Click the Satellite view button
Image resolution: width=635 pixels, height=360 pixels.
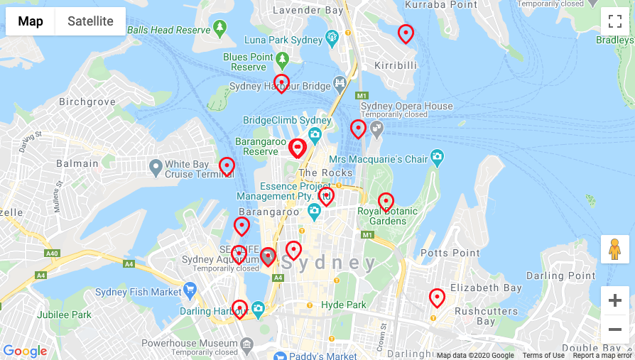[x=90, y=21]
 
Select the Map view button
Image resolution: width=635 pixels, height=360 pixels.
[x=31, y=21]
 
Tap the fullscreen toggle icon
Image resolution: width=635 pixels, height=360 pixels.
[x=614, y=21]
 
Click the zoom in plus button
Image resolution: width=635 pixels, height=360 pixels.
[x=614, y=300]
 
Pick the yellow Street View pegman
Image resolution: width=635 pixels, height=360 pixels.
[x=614, y=249]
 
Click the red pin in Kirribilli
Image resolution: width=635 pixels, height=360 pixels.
[x=406, y=33]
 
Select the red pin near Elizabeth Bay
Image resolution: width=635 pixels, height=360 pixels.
[x=437, y=298]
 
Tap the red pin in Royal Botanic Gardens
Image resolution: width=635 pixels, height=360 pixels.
[x=386, y=202]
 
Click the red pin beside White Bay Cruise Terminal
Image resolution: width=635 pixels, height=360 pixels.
[x=227, y=166]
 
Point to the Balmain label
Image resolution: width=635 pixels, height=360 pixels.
[x=77, y=163]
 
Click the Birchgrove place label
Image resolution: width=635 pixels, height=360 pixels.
[x=87, y=102]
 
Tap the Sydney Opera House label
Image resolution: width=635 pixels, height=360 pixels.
[x=406, y=107]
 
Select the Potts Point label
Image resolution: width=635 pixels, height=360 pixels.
[x=450, y=253]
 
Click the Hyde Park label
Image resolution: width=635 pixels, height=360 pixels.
[x=343, y=305]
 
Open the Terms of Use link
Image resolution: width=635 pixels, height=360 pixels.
[x=543, y=356]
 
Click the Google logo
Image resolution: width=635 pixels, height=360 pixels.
[x=25, y=351]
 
